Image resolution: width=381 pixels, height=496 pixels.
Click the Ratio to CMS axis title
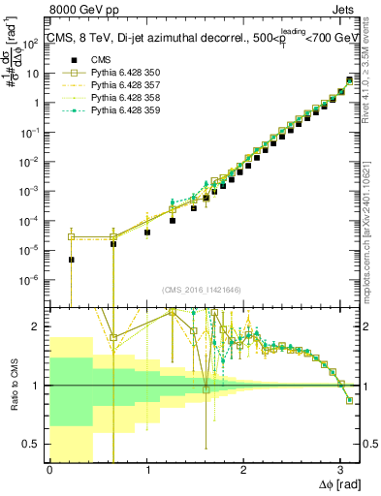pos(13,385)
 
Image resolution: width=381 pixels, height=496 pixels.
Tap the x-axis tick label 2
pos(243,468)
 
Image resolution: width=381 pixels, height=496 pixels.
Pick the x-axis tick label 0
pos(49,468)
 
